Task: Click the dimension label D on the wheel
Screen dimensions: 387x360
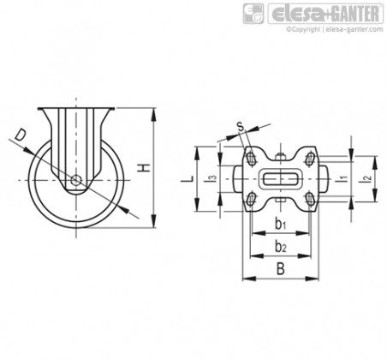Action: [x=21, y=135]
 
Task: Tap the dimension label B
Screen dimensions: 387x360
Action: [x=281, y=269]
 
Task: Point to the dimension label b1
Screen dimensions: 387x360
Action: [x=281, y=224]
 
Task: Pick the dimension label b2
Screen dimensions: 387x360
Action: [x=281, y=246]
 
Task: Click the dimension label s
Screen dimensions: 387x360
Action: [x=241, y=126]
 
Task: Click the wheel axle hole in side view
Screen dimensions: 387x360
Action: [x=76, y=180]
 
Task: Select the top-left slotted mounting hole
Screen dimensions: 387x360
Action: [x=252, y=159]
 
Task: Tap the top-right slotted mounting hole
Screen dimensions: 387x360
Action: [x=310, y=159]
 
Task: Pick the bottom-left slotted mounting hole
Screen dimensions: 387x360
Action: [x=252, y=199]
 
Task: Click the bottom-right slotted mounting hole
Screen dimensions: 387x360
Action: [x=310, y=199]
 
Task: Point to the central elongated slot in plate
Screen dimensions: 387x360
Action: [x=281, y=179]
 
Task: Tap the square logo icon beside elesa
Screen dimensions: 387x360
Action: [x=253, y=14]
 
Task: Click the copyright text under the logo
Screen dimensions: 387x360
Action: [x=335, y=29]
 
